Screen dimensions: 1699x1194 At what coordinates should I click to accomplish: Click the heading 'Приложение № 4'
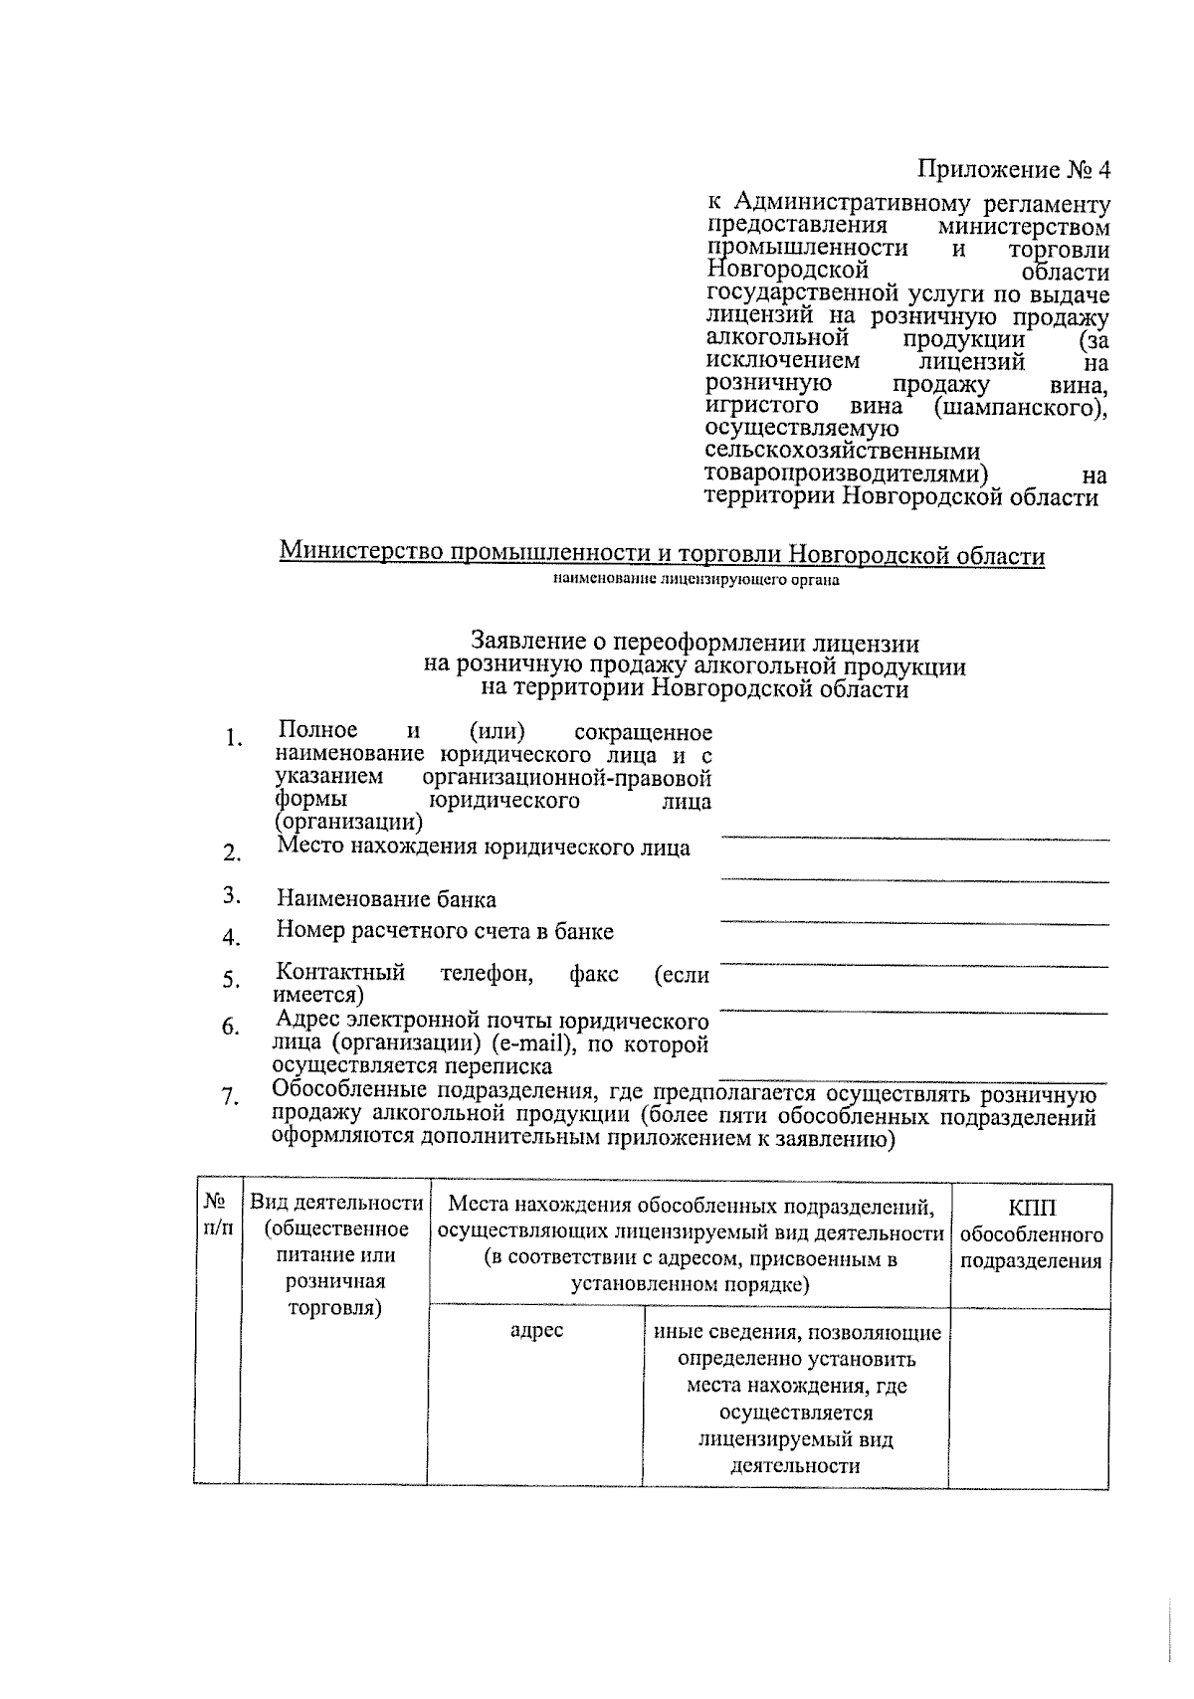[x=1012, y=170]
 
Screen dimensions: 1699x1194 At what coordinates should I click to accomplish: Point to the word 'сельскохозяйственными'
[x=843, y=454]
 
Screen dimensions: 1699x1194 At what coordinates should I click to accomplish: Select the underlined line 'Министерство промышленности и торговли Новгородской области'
[x=662, y=554]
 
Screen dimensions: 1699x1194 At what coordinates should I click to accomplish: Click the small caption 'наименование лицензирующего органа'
[x=696, y=580]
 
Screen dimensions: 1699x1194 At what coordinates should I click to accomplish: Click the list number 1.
[x=233, y=738]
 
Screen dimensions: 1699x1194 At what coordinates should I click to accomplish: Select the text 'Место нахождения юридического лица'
[x=483, y=848]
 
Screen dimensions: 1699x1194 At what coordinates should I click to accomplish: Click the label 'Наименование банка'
[x=386, y=899]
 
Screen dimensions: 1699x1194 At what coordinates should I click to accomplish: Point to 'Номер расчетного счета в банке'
[x=445, y=931]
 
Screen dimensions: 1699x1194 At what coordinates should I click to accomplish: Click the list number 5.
[x=231, y=981]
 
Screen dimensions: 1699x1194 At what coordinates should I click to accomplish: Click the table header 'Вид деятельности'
[x=335, y=1203]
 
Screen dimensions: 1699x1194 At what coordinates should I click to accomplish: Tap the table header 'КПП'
[x=1031, y=1208]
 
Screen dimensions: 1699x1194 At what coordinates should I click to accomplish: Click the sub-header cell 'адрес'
[x=536, y=1331]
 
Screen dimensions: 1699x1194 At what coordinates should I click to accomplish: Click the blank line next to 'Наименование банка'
[x=913, y=923]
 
